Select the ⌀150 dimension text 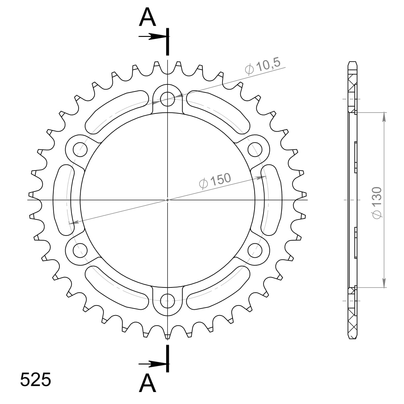click(x=215, y=181)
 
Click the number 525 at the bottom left click(x=36, y=379)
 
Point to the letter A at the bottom click(x=147, y=383)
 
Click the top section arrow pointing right click(x=152, y=37)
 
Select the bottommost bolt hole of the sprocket click(x=167, y=302)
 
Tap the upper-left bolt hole click(x=80, y=149)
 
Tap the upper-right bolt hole click(x=255, y=149)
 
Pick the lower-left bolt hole click(x=80, y=248)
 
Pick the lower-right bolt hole click(x=255, y=248)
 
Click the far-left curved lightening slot click(x=63, y=200)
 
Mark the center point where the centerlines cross click(x=167, y=200)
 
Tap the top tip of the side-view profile click(x=353, y=62)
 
